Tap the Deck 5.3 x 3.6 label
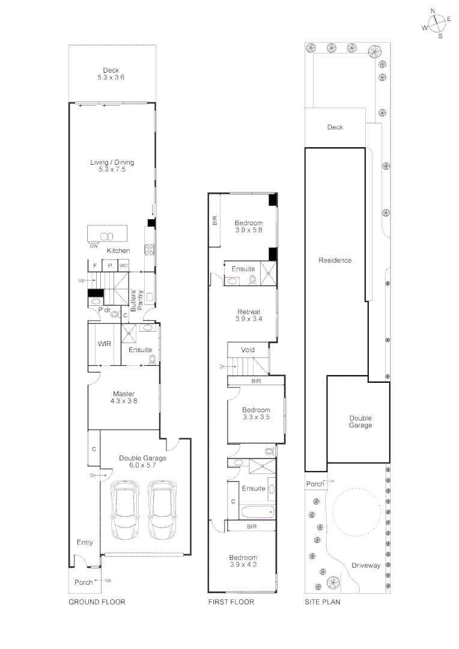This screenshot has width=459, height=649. tap(112, 74)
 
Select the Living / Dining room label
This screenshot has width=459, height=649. tap(112, 166)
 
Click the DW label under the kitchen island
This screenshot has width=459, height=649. tap(93, 246)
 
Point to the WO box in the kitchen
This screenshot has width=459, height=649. tap(123, 265)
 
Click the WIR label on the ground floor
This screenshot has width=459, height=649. tap(105, 344)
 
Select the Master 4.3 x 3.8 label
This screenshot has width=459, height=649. tap(124, 397)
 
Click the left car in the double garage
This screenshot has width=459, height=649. tap(126, 510)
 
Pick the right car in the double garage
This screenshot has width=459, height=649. tap(163, 510)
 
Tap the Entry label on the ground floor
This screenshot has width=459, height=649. tap(85, 543)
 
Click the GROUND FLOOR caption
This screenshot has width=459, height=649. tap(97, 602)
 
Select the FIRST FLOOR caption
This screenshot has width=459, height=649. tap(231, 602)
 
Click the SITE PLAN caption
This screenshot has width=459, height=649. tap(323, 602)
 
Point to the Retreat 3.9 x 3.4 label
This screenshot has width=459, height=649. tap(249, 315)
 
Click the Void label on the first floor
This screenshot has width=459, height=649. tap(248, 350)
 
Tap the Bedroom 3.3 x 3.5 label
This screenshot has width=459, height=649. tap(256, 413)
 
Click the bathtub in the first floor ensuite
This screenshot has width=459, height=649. tap(257, 513)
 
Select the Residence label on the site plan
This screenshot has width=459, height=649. tap(335, 260)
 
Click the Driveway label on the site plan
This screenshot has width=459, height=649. tap(366, 565)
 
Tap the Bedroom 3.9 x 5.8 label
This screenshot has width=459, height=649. tap(249, 226)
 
